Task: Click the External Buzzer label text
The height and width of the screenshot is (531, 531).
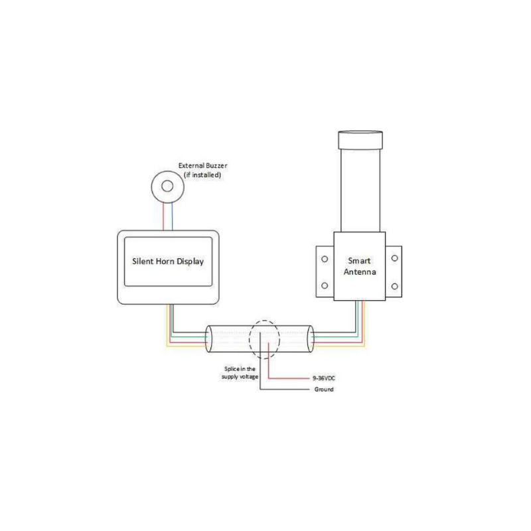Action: click(x=202, y=165)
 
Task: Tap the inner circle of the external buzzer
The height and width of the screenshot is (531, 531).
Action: click(x=167, y=186)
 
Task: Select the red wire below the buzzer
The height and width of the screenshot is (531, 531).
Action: click(x=163, y=216)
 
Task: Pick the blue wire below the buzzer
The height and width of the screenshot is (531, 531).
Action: click(x=173, y=216)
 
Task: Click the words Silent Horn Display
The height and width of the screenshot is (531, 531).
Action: click(x=168, y=262)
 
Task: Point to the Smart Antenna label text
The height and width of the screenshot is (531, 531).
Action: click(x=360, y=266)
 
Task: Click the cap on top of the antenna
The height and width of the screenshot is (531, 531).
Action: click(x=360, y=140)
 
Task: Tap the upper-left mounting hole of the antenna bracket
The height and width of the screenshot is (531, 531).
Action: click(x=325, y=259)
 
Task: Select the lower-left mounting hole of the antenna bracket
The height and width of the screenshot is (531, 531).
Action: click(x=325, y=285)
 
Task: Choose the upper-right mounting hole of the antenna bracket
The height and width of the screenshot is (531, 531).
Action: click(x=394, y=258)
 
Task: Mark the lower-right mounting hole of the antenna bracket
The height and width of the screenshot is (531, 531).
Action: click(x=394, y=287)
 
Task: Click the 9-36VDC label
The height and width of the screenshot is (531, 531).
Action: click(x=324, y=378)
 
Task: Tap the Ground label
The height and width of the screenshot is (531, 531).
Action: click(x=324, y=390)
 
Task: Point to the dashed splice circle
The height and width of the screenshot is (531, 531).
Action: click(x=250, y=339)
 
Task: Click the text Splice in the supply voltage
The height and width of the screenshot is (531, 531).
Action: click(x=240, y=373)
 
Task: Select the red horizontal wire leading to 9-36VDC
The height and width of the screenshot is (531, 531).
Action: click(x=289, y=378)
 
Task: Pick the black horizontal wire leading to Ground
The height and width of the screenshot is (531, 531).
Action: click(x=285, y=390)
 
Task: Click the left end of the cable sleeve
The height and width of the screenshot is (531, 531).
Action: click(x=209, y=339)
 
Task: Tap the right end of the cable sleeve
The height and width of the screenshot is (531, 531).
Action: click(x=310, y=339)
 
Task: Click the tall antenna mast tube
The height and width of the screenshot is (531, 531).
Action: click(x=360, y=190)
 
